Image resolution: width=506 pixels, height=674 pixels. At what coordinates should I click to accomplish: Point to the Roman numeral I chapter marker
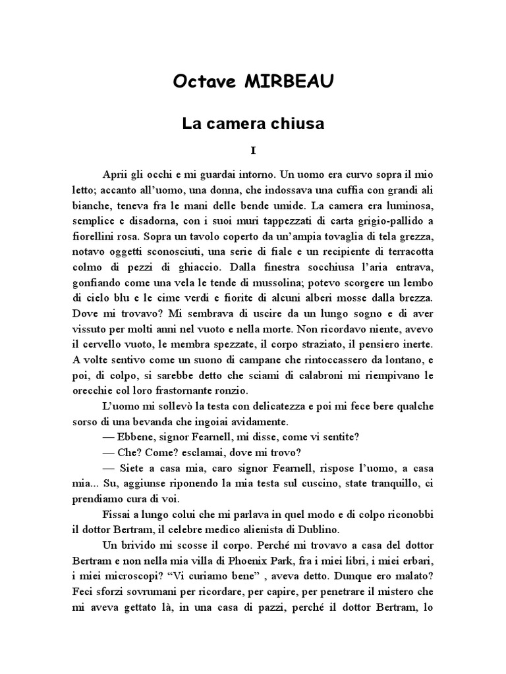253,151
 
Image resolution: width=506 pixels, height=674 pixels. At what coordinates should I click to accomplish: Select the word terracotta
408,251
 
